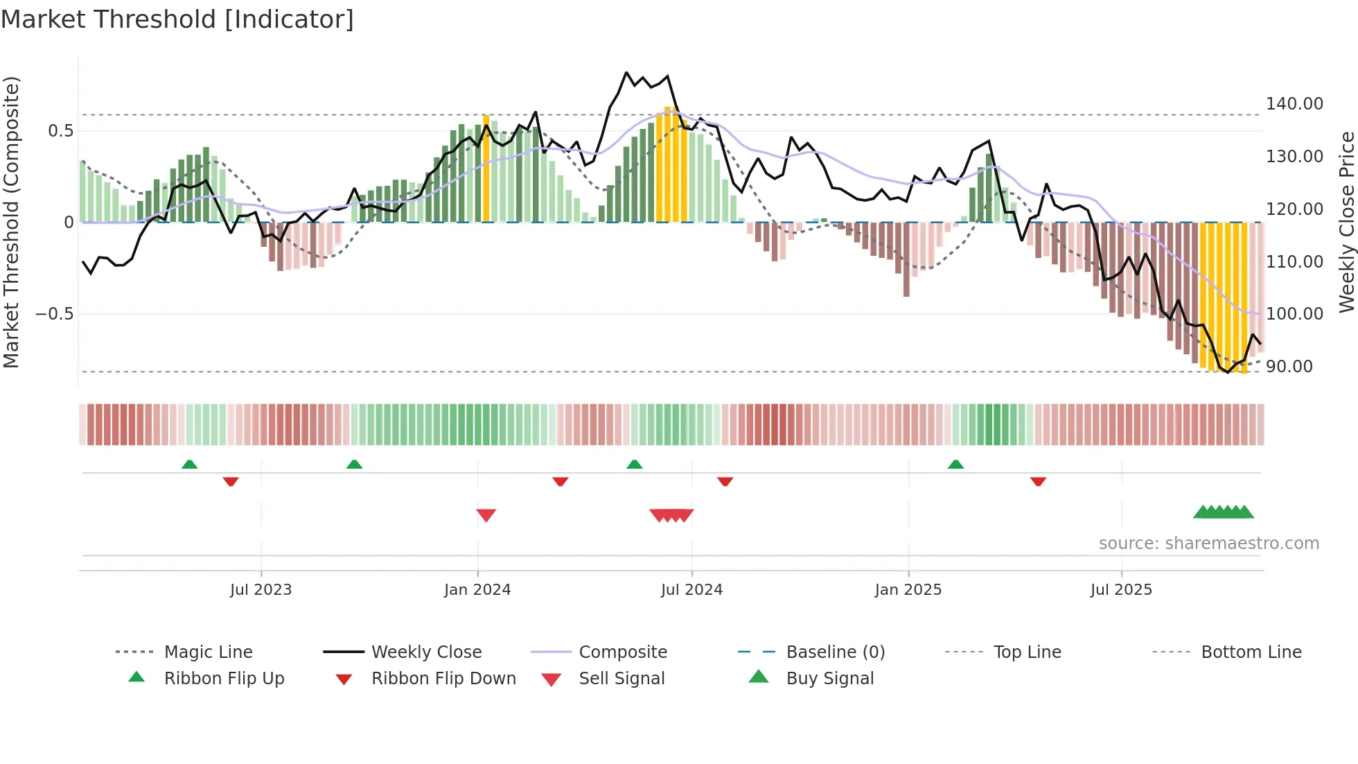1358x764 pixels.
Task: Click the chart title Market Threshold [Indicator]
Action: click(177, 19)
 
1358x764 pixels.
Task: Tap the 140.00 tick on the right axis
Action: click(1294, 104)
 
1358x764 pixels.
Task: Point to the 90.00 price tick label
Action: click(1289, 367)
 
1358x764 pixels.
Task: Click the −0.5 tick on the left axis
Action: click(54, 314)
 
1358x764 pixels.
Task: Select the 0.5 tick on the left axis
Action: click(60, 131)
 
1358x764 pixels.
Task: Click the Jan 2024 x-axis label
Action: click(477, 590)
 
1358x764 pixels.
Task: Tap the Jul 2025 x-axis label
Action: click(1120, 590)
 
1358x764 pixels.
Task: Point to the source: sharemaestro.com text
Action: click(1208, 544)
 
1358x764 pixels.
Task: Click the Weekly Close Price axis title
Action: click(1346, 222)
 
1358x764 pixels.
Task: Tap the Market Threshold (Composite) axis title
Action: click(11, 222)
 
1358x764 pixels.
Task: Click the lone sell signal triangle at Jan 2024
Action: click(486, 514)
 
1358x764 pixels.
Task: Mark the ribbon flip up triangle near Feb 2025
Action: click(955, 465)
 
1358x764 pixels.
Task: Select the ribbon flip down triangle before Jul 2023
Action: click(231, 481)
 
